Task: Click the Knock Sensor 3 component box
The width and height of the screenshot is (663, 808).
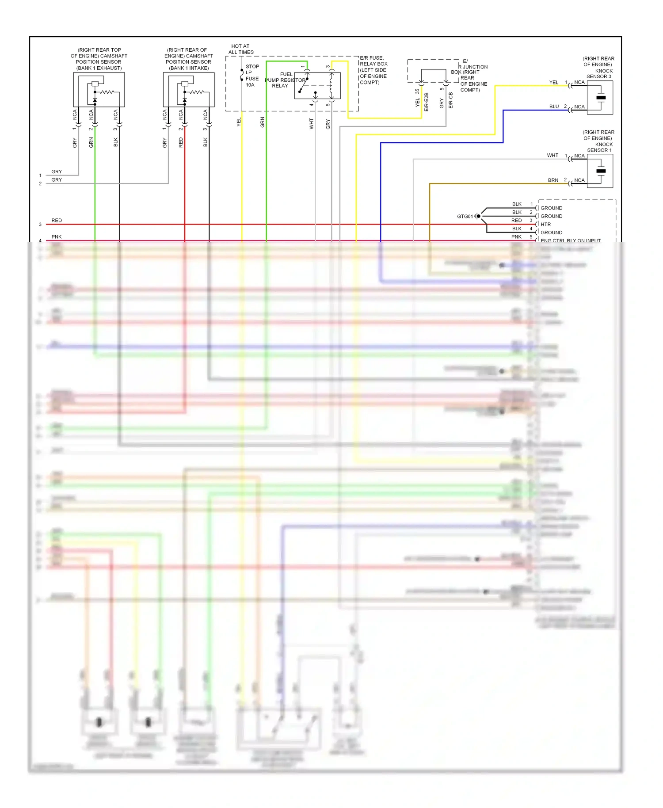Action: tap(600, 98)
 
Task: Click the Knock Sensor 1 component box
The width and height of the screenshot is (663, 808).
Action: tap(600, 171)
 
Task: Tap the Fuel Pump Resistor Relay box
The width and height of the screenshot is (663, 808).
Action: tap(317, 85)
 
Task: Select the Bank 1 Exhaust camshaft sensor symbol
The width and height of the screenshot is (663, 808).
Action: tap(99, 90)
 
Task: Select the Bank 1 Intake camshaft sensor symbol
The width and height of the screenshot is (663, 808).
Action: tap(189, 90)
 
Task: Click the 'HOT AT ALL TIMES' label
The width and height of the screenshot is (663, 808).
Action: tap(240, 49)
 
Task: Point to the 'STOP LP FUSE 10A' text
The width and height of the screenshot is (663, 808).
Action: tap(252, 76)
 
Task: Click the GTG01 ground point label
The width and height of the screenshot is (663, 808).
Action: tap(465, 217)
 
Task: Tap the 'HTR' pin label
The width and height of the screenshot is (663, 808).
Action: tap(546, 225)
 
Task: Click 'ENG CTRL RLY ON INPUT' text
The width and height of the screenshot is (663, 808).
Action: tap(570, 241)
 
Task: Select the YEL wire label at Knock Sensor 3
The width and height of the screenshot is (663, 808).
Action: tap(554, 83)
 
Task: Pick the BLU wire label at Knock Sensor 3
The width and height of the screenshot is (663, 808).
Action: tap(554, 107)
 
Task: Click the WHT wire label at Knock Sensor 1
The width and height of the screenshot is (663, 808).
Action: tap(552, 156)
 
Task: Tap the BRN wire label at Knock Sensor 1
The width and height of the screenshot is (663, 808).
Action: tap(553, 180)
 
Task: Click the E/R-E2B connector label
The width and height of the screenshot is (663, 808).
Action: tap(427, 101)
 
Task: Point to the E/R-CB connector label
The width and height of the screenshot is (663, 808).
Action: tap(451, 100)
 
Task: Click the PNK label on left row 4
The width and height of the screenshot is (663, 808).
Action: tap(57, 237)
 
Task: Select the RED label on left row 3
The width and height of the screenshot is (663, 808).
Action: tap(57, 221)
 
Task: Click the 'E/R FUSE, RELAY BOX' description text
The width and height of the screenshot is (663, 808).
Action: tap(373, 70)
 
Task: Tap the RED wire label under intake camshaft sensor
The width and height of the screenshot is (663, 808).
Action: tap(181, 142)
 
